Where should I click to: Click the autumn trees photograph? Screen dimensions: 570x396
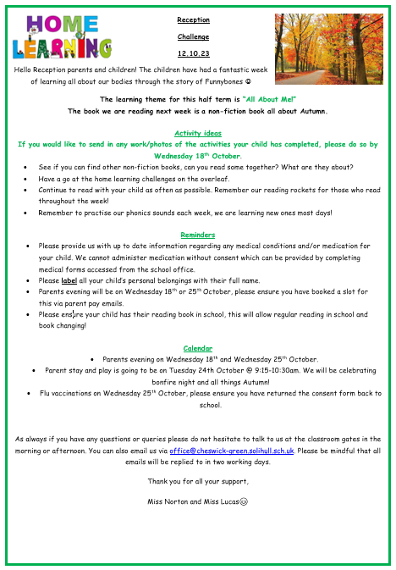pos(331,41)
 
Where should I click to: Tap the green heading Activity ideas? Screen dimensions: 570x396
pos(198,133)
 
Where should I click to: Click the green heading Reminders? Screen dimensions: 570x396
pos(198,235)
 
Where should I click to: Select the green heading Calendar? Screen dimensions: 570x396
pos(198,348)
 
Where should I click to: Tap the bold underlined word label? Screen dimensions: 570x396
pos(69,279)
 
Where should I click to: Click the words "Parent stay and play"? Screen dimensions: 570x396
pos(74,370)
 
